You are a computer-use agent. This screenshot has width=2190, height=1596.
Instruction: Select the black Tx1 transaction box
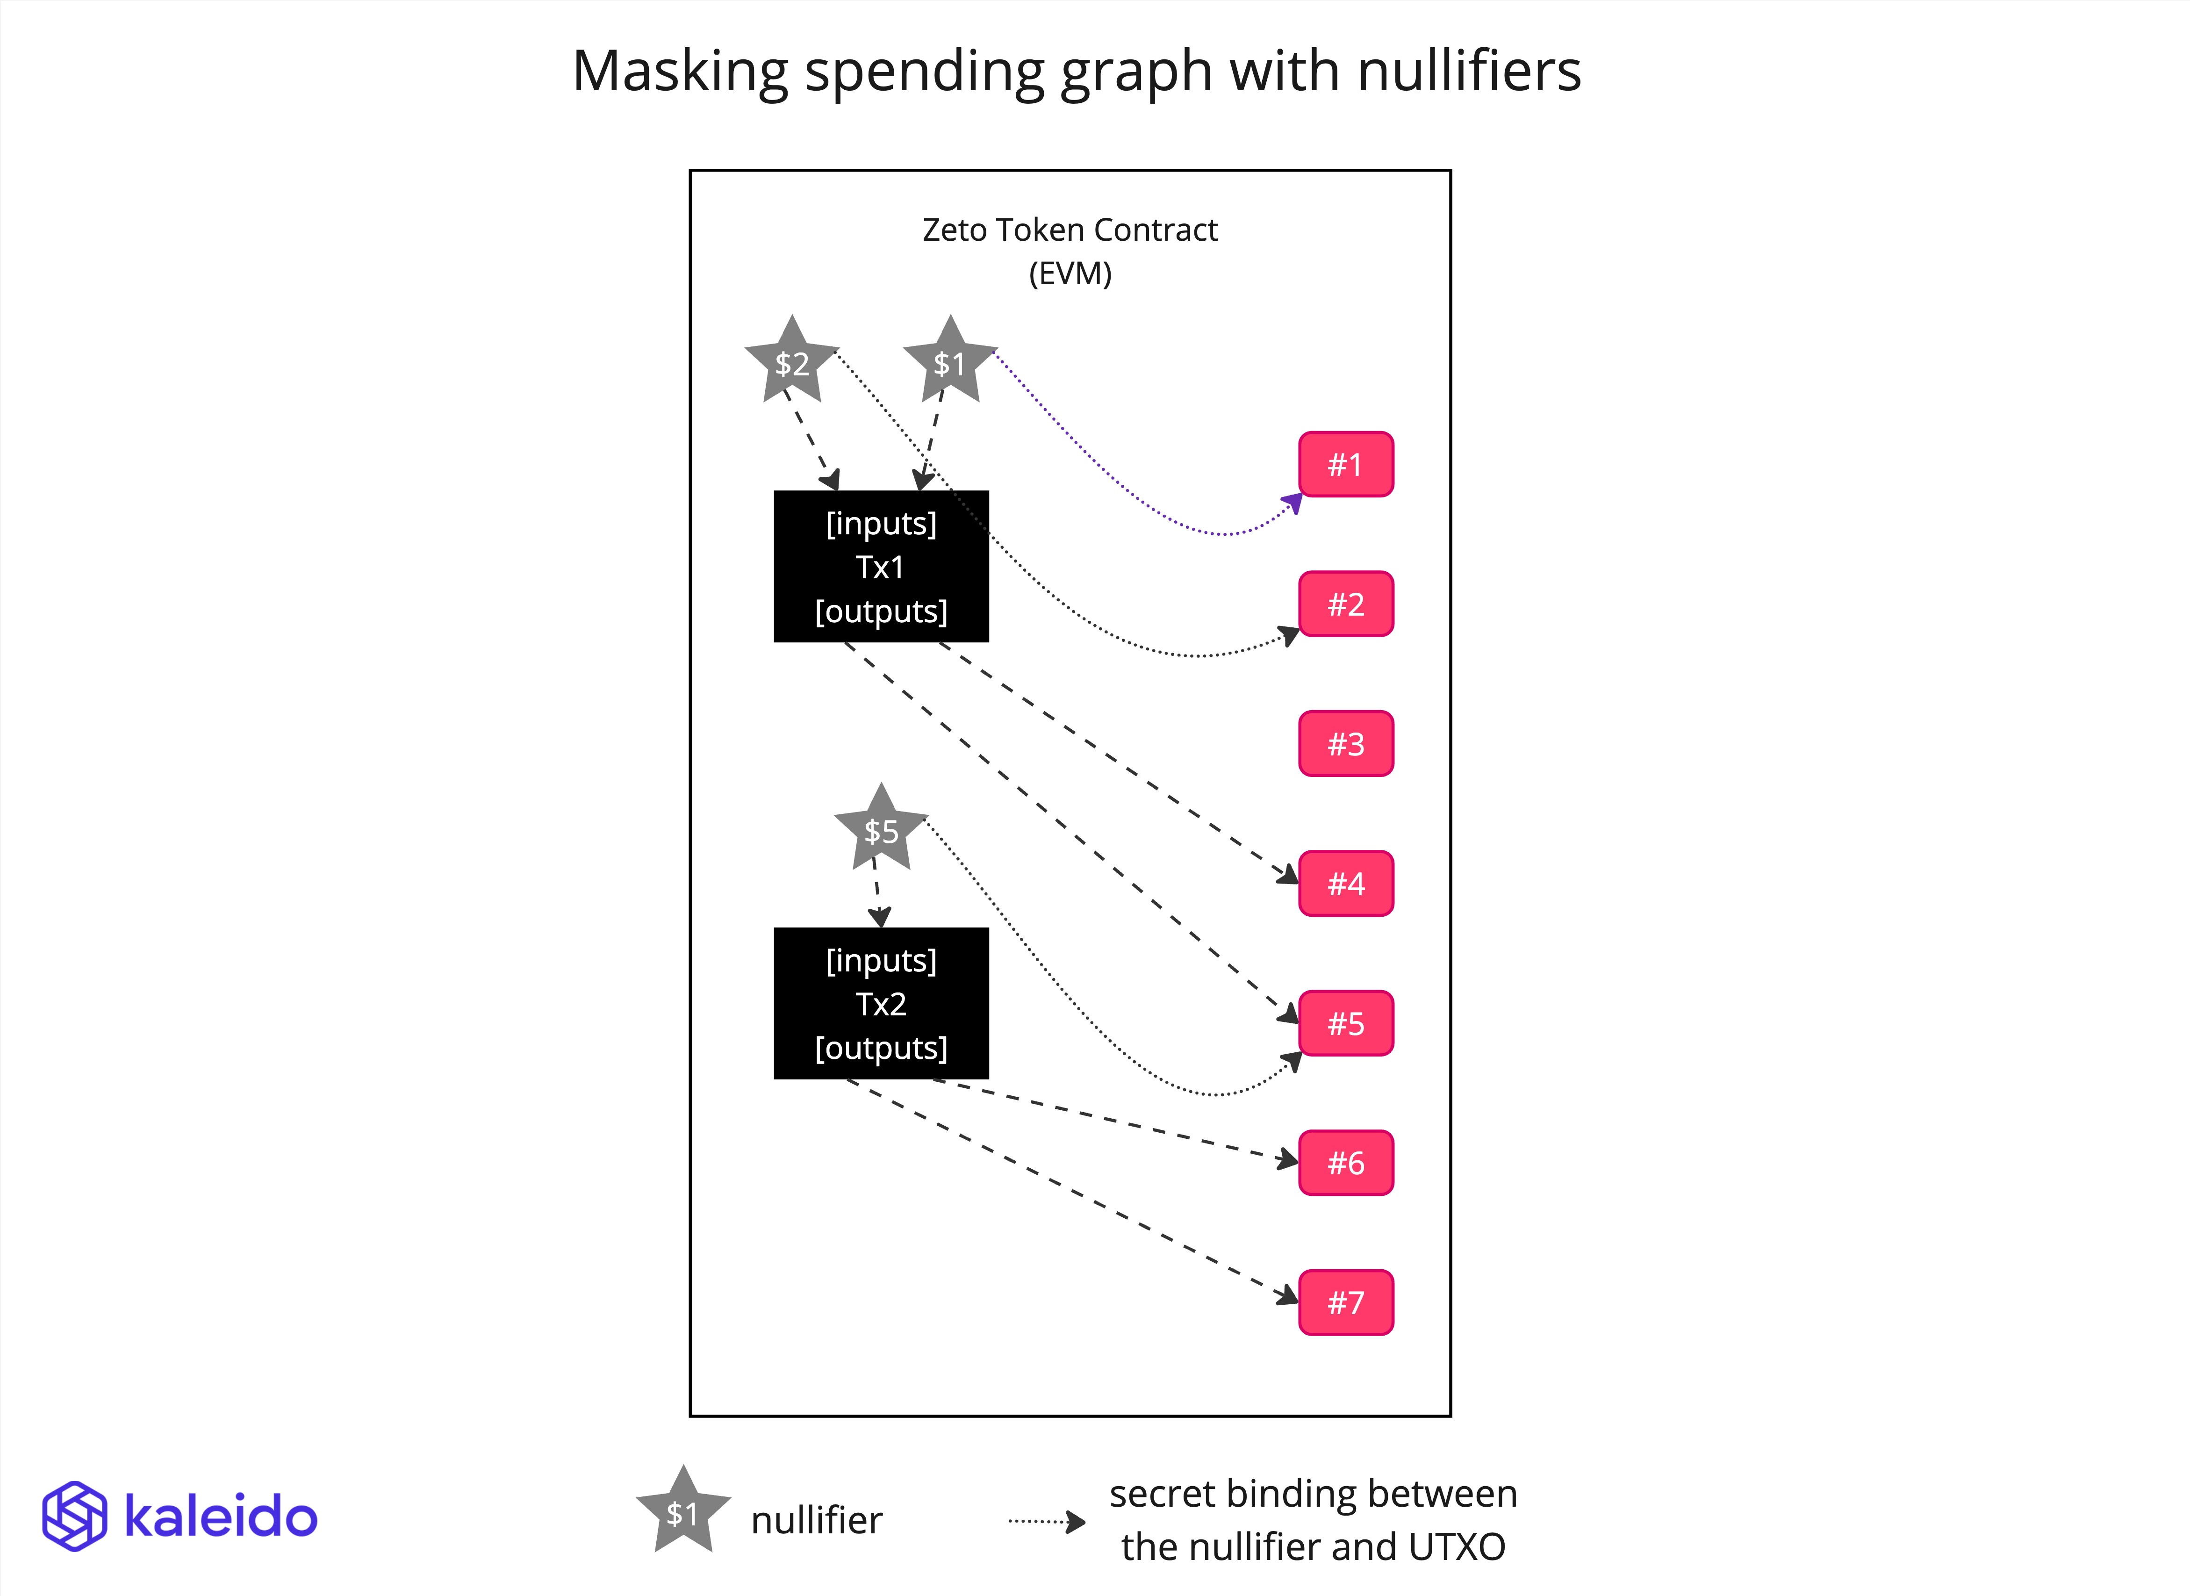pos(881,566)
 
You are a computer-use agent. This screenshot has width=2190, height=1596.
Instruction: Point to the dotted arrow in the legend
pos(1046,1522)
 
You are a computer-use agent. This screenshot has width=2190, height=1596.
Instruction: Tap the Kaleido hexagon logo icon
pos(74,1516)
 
